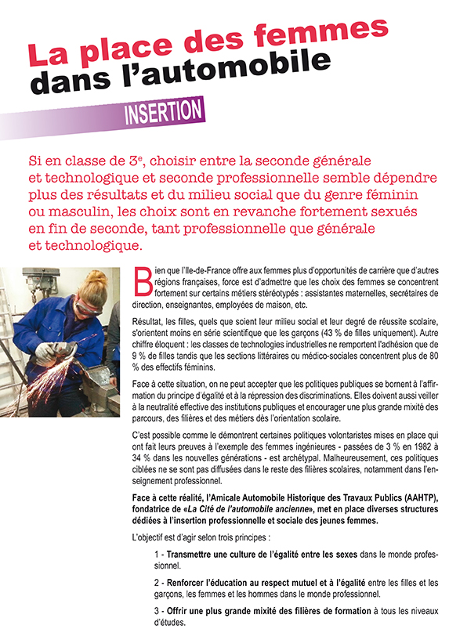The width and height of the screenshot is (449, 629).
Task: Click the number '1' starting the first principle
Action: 157,554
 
